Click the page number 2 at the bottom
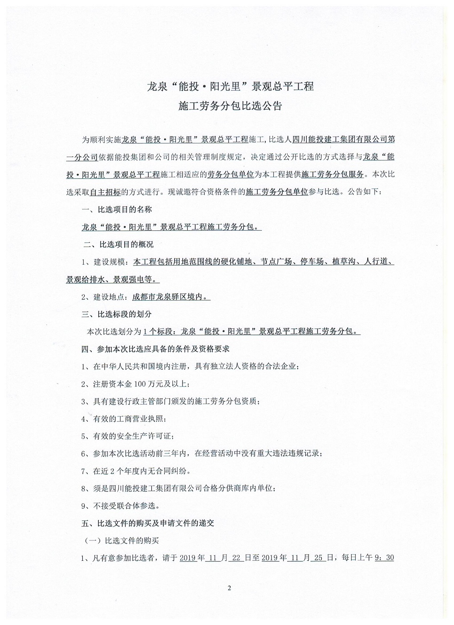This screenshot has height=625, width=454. click(229, 588)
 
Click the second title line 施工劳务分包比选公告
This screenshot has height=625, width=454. click(230, 106)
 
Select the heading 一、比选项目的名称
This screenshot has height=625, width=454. click(117, 209)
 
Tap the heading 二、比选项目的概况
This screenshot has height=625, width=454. click(118, 245)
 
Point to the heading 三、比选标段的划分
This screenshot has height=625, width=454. click(117, 314)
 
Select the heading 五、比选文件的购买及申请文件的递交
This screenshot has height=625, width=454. click(148, 523)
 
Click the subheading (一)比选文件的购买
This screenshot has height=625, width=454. click(122, 541)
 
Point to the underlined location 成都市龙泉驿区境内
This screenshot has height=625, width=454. click(171, 297)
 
